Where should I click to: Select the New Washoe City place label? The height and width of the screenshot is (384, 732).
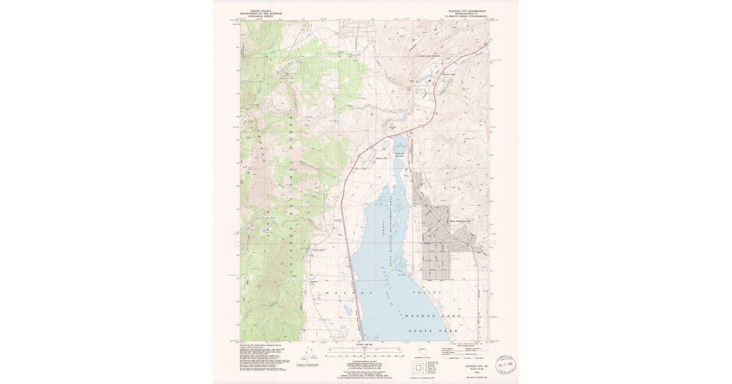pyautogui.click(x=461, y=221)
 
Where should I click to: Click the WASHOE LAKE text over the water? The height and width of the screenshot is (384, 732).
pyautogui.click(x=432, y=316)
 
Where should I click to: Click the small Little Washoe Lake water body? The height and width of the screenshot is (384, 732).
pyautogui.click(x=400, y=144)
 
